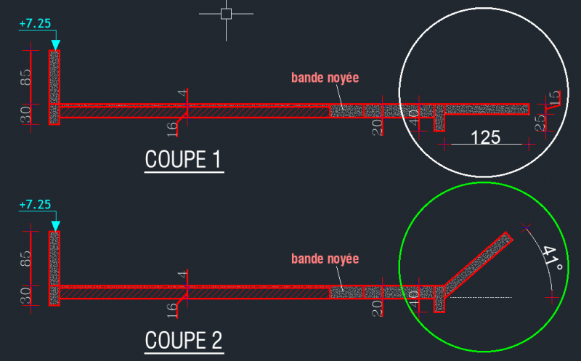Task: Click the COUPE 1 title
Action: click(x=183, y=159)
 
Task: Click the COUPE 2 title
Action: click(x=184, y=340)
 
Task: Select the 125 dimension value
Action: click(x=485, y=137)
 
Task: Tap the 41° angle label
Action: click(x=552, y=259)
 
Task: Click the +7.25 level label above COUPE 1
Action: click(x=35, y=23)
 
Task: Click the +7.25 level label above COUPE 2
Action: click(x=35, y=204)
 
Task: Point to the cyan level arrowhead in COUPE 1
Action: click(x=56, y=45)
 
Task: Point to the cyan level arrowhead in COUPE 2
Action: click(x=56, y=226)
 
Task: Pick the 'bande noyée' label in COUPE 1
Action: click(x=325, y=78)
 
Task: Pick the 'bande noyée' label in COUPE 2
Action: click(x=325, y=259)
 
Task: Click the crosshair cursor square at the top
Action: click(x=226, y=14)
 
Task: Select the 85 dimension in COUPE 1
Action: click(x=25, y=77)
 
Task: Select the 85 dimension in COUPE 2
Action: click(x=25, y=259)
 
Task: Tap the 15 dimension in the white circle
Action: click(x=554, y=97)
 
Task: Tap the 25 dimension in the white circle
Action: click(x=540, y=121)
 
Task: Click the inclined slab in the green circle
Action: click(x=478, y=264)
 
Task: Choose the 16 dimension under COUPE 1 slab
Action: click(x=171, y=129)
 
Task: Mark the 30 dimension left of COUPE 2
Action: click(x=25, y=296)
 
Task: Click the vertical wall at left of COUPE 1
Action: click(x=54, y=87)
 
